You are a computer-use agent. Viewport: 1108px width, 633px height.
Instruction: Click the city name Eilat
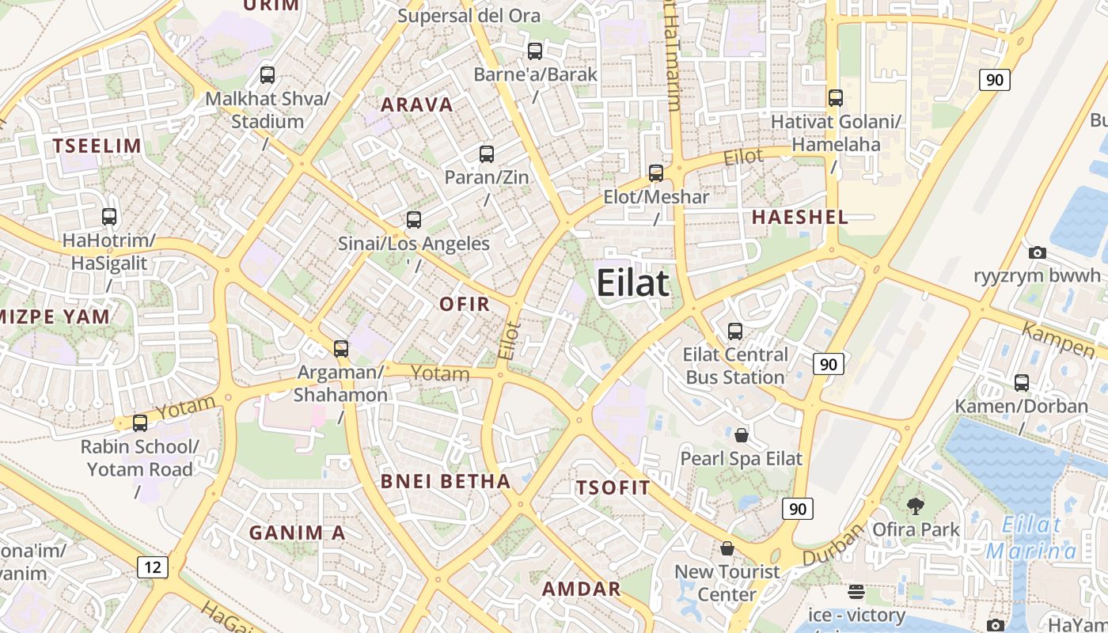coord(632,282)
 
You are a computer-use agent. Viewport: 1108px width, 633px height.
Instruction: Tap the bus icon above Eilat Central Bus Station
coord(735,332)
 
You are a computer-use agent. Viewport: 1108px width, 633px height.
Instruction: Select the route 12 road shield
coord(153,567)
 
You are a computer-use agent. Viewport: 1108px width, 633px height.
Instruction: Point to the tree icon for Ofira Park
coord(916,506)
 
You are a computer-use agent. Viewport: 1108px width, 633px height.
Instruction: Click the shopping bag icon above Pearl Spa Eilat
coord(742,435)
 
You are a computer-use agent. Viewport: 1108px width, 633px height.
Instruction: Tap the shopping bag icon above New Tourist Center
coord(727,548)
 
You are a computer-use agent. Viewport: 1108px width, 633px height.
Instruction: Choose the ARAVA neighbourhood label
coord(417,105)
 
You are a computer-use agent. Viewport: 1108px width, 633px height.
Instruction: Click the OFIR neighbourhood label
coord(465,304)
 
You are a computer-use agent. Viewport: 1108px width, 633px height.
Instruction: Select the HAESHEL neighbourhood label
coord(799,217)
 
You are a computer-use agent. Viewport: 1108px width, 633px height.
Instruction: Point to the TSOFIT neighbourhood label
coord(613,487)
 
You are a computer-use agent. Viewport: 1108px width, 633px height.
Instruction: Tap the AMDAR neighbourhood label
coord(581,589)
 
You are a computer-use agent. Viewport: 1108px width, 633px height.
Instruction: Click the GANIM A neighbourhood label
coord(297,533)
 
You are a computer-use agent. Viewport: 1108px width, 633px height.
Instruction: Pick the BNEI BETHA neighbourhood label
coord(446,481)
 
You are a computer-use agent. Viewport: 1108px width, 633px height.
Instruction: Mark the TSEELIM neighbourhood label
coord(97,146)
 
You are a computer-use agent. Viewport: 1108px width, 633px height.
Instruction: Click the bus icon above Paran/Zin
coord(487,154)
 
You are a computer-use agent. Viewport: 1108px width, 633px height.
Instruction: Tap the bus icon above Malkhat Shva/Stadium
coord(268,75)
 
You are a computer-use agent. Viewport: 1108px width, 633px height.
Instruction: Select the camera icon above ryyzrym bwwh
coord(1037,253)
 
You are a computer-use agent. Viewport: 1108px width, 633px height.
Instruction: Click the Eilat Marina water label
coord(1030,538)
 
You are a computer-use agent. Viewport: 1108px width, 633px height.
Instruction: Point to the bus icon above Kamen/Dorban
coord(1022,383)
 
